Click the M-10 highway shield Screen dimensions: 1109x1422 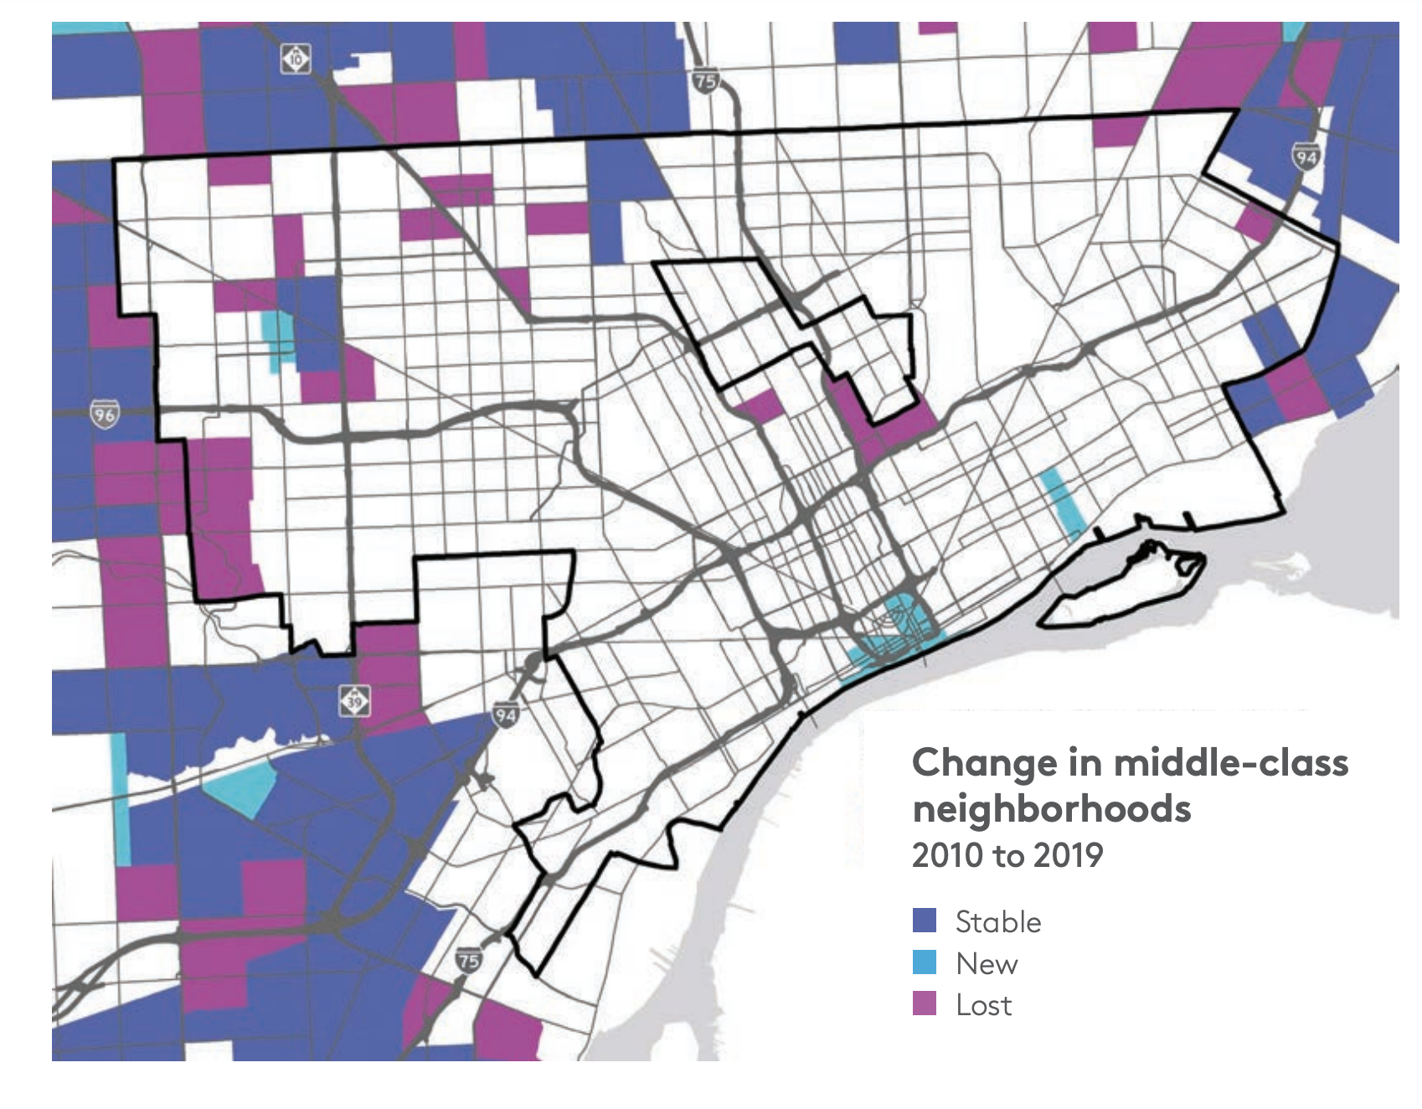click(x=296, y=59)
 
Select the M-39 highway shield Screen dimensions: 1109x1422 click(x=354, y=700)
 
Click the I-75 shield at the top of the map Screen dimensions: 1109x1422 click(x=705, y=80)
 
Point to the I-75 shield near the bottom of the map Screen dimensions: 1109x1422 click(x=469, y=960)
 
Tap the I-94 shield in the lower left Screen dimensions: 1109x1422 click(x=504, y=714)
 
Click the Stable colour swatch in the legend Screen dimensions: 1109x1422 click(x=924, y=921)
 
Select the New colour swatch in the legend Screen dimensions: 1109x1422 click(x=924, y=962)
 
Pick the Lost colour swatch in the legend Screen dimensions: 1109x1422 click(x=924, y=1003)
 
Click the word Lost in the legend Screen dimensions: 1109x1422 click(x=984, y=1004)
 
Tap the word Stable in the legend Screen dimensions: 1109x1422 click(x=998, y=921)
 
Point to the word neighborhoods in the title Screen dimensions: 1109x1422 click(x=1051, y=809)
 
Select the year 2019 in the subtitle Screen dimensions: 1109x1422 click(x=1069, y=855)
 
